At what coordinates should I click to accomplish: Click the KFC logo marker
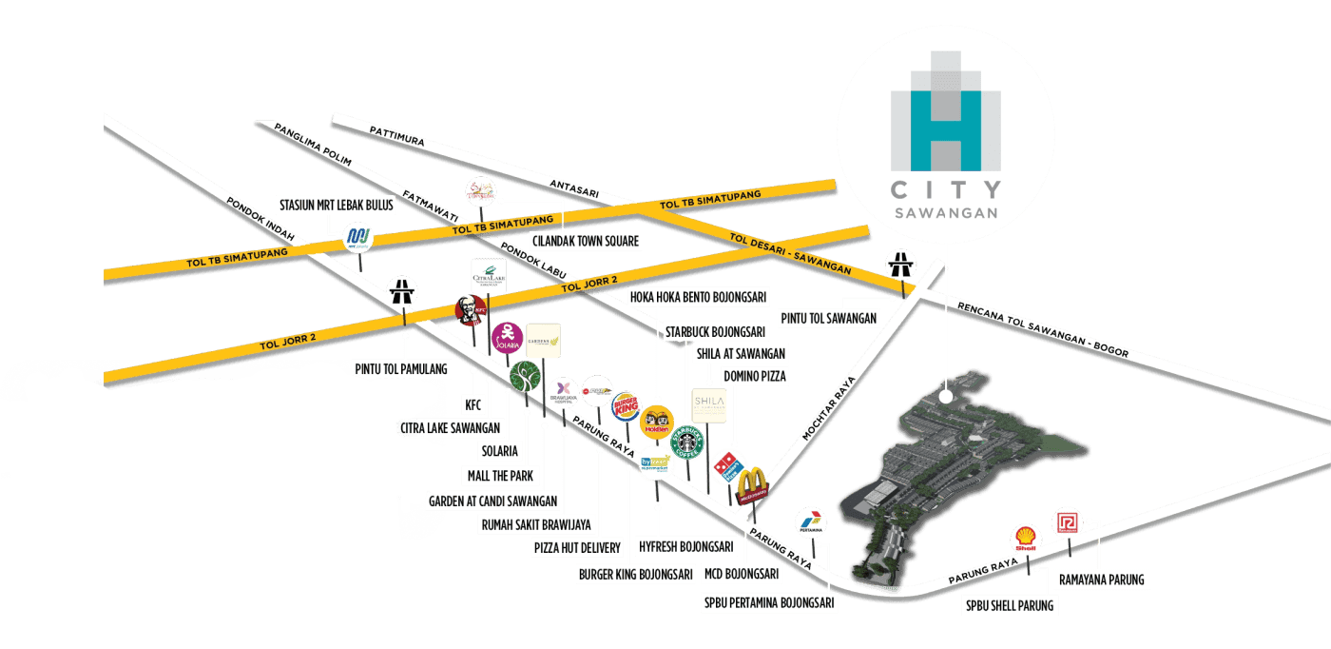[470, 309]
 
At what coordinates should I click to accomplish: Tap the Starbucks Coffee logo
[691, 442]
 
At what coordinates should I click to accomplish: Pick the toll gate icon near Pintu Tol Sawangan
[899, 264]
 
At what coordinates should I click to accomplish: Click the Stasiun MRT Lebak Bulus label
[321, 205]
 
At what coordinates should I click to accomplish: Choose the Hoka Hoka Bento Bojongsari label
[698, 297]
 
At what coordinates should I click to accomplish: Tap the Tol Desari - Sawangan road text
[790, 253]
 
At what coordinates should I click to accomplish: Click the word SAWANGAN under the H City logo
[946, 213]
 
